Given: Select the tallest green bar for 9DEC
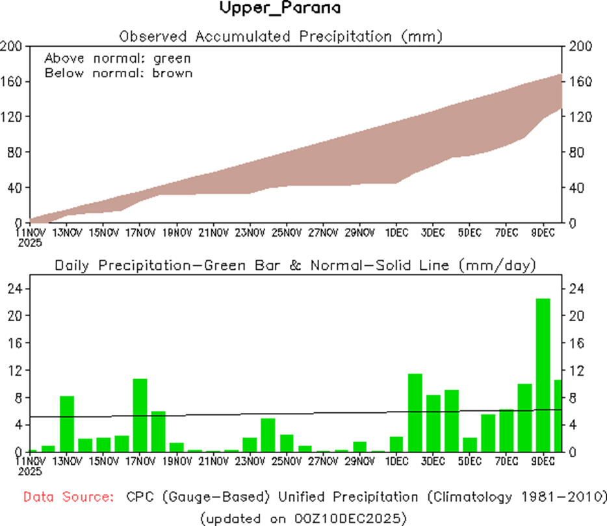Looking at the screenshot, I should pos(543,375).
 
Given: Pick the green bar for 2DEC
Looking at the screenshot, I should pos(415,412).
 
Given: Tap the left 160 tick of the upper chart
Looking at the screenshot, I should pos(14,81).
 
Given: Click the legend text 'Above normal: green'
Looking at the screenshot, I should pos(117,59).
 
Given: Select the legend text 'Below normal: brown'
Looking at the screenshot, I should pos(118,73).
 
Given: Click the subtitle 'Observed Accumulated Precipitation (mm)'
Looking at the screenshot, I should pos(281,36).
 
